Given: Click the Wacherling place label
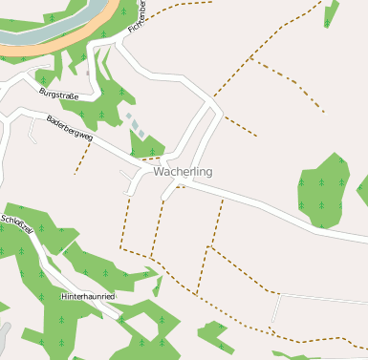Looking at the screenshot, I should [183, 172].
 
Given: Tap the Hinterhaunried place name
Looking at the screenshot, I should [88, 297].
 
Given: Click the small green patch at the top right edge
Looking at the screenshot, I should [331, 14].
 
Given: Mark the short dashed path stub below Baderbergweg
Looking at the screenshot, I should [82, 159].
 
